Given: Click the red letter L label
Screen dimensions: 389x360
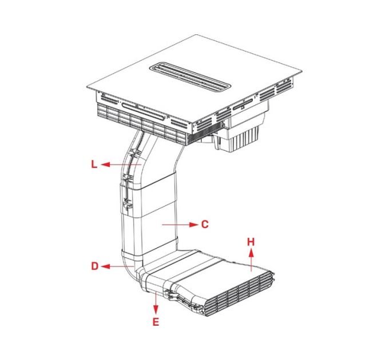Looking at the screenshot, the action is [94, 164].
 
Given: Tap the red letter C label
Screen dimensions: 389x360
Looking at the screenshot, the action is [205, 225].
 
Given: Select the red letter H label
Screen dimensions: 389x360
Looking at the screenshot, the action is [251, 242].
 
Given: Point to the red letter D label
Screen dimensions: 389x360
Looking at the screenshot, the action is [95, 266].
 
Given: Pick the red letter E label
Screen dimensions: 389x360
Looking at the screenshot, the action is [156, 322].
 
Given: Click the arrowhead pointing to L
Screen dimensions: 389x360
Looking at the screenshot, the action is [106, 164].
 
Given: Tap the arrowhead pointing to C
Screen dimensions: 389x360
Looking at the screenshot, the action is [193, 225].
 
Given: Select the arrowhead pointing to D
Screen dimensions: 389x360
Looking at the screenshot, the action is [106, 266].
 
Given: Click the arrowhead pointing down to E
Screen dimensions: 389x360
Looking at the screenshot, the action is [156, 309].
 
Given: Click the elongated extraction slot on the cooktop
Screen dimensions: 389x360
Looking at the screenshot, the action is [190, 77].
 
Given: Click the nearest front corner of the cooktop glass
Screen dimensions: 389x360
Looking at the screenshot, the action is [192, 123].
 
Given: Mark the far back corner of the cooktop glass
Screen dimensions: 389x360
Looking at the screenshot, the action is [197, 35].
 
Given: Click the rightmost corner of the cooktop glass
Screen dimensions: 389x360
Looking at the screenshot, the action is [301, 72].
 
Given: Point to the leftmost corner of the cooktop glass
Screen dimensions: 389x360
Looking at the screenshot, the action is [87, 87].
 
